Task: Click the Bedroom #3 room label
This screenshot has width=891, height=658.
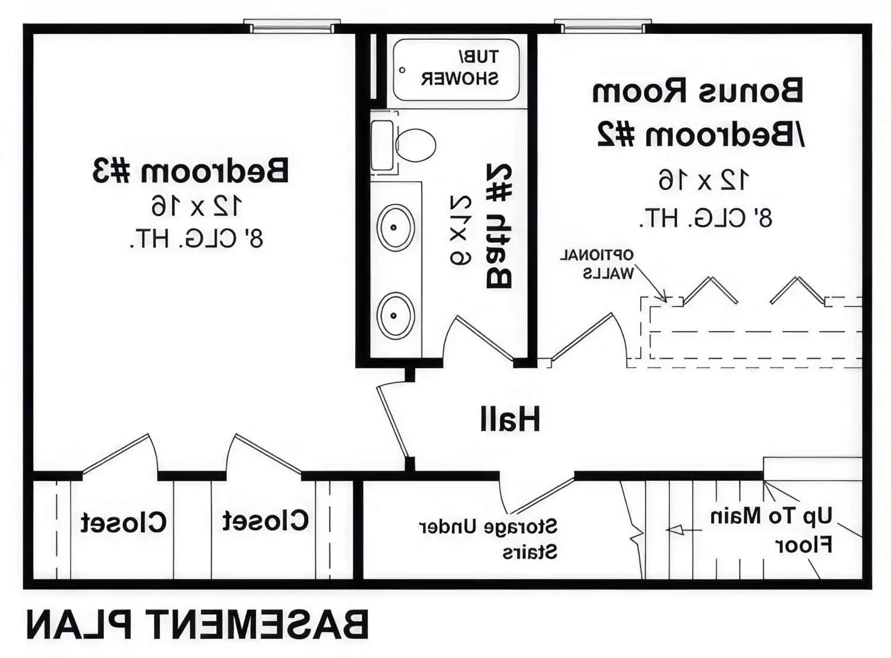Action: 191,171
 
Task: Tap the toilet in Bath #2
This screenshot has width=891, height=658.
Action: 415,145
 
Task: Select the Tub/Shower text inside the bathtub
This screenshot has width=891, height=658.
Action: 460,68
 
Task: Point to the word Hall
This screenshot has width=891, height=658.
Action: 510,419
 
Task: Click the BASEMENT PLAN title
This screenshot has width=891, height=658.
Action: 197,625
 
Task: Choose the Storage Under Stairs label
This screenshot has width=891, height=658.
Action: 488,539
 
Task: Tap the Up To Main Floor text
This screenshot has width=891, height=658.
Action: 772,530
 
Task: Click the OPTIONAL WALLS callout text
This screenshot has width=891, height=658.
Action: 598,264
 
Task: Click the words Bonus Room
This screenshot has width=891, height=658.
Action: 698,91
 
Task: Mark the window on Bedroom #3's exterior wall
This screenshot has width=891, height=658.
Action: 292,27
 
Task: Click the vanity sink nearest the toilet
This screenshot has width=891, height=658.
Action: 396,227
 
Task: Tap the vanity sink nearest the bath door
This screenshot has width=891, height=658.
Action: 396,315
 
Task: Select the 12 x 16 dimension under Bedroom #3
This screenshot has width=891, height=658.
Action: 197,206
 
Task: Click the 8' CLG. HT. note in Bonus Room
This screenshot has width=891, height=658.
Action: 706,219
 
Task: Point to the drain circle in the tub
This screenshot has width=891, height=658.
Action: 402,70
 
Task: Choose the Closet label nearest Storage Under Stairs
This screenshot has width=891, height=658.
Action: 266,521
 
